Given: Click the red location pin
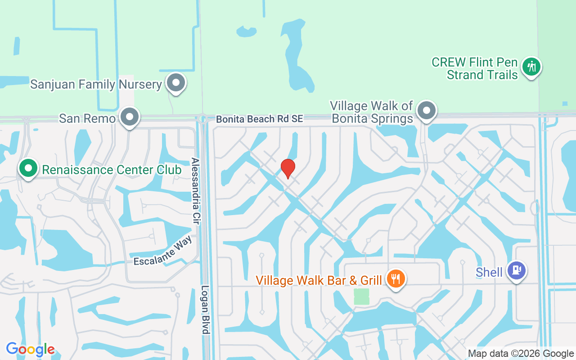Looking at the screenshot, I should click(x=288, y=168).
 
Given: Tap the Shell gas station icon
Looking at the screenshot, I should click(x=516, y=270).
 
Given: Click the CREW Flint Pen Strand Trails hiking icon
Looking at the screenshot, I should click(x=531, y=67).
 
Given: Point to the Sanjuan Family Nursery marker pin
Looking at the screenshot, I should click(x=176, y=83).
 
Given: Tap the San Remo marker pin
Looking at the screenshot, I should click(x=130, y=117).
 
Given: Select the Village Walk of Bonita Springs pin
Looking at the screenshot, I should click(x=426, y=110).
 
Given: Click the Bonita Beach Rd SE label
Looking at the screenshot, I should click(x=260, y=119).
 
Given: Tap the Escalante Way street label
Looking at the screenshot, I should click(x=163, y=251).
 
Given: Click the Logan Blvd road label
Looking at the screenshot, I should click(x=205, y=310).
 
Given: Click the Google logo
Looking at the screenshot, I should click(x=30, y=349).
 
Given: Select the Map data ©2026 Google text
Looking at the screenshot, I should click(x=520, y=354).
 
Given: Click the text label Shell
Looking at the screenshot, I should click(x=489, y=272).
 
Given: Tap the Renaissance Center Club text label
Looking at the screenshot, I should click(x=112, y=170).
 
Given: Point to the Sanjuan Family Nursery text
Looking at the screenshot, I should click(x=96, y=84).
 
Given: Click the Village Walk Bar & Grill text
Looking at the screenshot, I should click(x=319, y=280).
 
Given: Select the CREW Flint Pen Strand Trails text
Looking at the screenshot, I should click(x=475, y=68).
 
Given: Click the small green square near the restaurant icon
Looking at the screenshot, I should click(x=361, y=297).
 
